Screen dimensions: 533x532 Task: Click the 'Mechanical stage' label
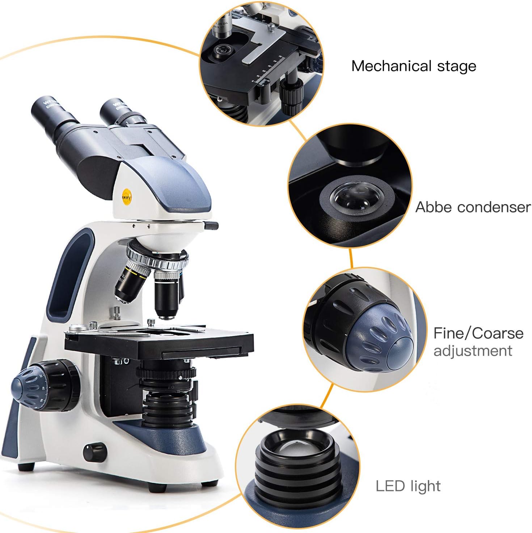coord(414,67)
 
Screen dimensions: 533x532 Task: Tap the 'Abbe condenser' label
coord(473,207)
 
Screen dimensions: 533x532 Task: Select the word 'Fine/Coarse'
coord(478,333)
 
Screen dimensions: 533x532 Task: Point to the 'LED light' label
coord(408,486)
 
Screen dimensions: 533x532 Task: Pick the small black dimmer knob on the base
coord(95,451)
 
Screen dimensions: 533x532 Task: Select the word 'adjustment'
coord(473,351)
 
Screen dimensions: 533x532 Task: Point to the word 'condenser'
coord(494,207)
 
